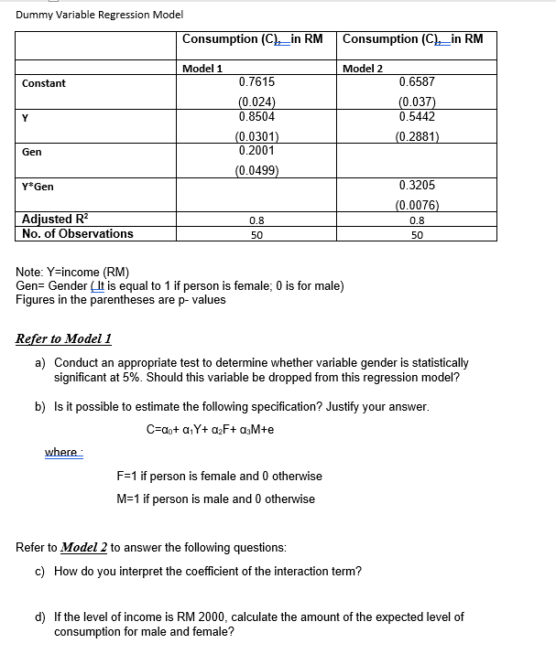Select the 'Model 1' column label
(203, 69)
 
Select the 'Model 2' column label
(363, 69)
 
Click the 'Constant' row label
(44, 83)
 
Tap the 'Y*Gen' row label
(38, 187)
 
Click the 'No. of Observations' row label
(77, 233)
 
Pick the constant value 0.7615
(256, 82)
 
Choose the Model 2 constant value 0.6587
(418, 82)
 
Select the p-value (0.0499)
(256, 170)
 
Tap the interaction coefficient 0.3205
(418, 186)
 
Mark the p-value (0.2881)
(418, 137)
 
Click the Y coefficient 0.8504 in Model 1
(256, 117)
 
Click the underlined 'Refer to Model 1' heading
(64, 338)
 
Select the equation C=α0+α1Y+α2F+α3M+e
(211, 428)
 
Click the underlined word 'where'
(61, 452)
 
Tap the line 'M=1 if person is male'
(216, 499)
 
